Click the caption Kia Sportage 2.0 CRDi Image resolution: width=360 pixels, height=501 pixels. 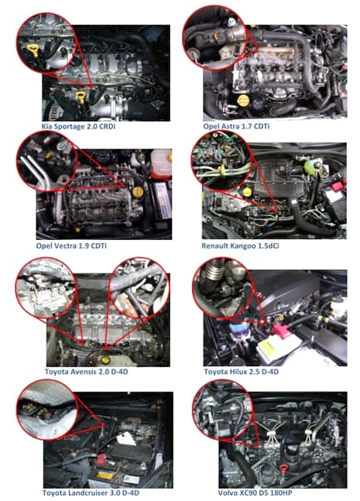coord(78,126)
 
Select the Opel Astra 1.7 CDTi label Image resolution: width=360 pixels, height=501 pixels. coord(236,126)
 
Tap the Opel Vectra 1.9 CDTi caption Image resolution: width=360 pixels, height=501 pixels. coord(71,245)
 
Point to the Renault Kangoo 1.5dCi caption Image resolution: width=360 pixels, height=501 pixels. coord(240,245)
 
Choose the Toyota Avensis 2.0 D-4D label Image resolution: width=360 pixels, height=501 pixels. coord(86,372)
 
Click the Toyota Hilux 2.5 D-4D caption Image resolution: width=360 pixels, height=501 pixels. coord(242,372)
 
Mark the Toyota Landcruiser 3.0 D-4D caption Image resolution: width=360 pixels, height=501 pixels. coord(91,492)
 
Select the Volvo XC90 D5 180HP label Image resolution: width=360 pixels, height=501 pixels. coord(255,492)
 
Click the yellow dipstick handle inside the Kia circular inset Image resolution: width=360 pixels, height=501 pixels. coord(33,50)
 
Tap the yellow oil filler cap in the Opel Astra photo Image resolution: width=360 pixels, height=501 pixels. coord(243,101)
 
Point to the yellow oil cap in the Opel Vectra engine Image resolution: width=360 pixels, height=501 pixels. coord(137,192)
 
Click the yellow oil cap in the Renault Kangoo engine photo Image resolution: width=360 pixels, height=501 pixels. coord(247,192)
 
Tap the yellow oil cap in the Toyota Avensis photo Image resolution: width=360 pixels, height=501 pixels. coord(105,360)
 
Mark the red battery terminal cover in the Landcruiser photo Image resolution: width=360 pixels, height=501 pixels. coord(101,460)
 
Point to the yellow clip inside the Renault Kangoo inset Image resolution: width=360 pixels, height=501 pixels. coord(221,170)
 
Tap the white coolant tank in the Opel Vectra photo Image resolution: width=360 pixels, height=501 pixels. coord(161,163)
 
